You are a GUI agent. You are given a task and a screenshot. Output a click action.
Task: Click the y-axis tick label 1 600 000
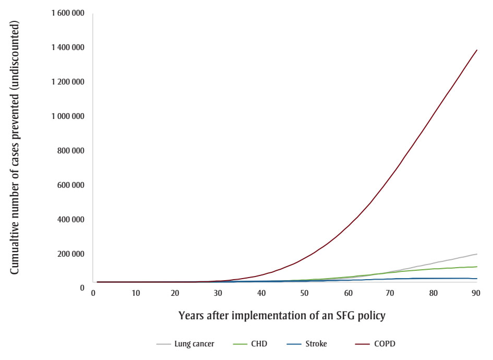point(68,13)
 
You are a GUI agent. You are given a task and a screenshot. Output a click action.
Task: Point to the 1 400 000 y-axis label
point(68,47)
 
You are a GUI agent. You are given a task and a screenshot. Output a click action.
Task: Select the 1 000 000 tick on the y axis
point(68,116)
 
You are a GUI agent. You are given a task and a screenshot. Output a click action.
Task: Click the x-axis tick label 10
point(136,294)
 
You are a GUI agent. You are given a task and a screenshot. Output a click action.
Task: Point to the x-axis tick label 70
point(390,294)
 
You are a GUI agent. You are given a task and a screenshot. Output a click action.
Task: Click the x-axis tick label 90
point(475,294)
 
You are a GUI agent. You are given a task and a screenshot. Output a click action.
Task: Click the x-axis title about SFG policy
point(285,316)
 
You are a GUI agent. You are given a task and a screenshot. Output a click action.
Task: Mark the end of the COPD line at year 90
point(477,50)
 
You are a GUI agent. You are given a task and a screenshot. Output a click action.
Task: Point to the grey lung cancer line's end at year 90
point(477,254)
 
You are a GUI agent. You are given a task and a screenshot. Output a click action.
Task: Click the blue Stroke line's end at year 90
point(477,279)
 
